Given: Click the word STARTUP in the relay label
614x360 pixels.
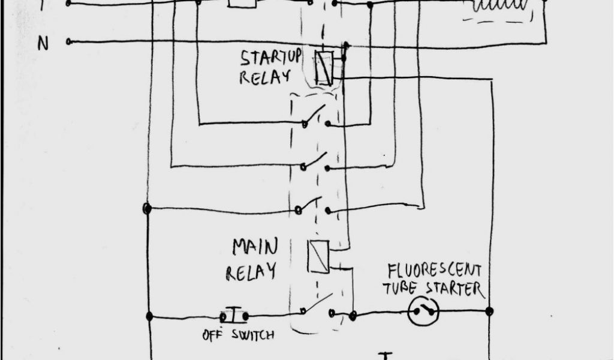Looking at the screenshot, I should (270, 59).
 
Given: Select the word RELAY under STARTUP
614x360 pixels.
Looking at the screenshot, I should (264, 77).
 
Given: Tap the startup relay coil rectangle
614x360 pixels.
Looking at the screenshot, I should (324, 68).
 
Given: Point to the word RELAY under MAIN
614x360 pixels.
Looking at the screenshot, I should (251, 271).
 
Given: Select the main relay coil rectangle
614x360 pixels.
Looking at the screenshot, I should (318, 257).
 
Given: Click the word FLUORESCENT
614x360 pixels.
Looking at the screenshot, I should (434, 270).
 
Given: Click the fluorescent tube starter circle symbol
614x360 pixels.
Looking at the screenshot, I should (423, 311).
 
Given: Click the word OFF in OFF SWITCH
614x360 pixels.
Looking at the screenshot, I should (210, 335).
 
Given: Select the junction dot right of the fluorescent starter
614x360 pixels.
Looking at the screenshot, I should (489, 311).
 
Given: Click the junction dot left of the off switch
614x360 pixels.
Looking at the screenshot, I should (148, 316).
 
